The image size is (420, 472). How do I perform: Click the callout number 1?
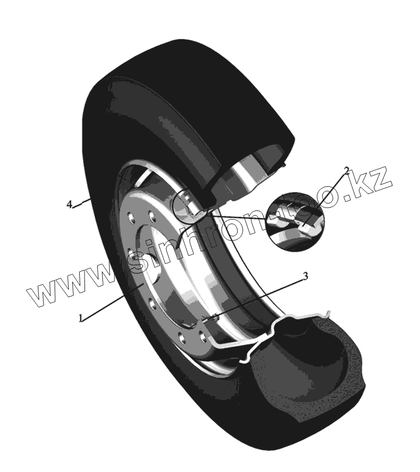pos(80,318)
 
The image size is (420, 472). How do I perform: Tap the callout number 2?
pos(346,170)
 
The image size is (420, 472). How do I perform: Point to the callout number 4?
pos(69,205)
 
